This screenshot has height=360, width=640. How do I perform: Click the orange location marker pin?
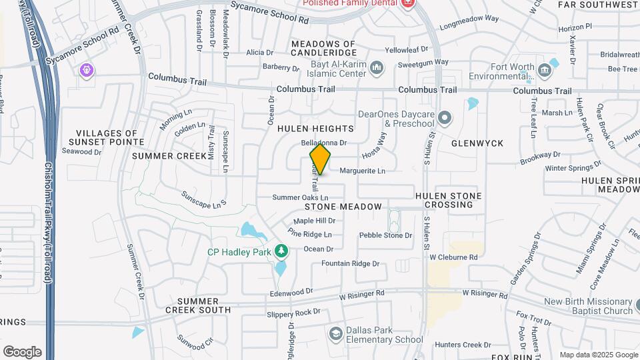coord(321,159)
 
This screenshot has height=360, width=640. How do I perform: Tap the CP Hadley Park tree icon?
coord(281,251)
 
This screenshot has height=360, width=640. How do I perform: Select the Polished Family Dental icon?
coord(408,3)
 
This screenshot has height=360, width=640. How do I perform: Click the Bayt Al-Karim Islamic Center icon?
coord(377,67)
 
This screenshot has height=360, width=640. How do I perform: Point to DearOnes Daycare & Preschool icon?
coord(445,119)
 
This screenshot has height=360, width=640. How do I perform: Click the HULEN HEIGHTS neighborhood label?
coord(315,128)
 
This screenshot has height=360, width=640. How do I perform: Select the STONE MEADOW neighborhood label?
coord(345,207)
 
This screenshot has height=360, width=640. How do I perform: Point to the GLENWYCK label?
coord(477,143)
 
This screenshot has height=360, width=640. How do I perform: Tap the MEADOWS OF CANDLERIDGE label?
coord(323,48)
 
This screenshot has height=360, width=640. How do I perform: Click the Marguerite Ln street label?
coord(363,171)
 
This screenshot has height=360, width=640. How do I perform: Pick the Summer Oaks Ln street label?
coord(300,197)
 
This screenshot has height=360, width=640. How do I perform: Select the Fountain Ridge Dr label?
coord(350,263)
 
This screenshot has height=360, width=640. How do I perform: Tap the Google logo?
coord(22,351)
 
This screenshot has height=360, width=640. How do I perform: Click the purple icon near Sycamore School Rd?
coord(86,69)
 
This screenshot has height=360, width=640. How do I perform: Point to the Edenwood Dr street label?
coord(291,291)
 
